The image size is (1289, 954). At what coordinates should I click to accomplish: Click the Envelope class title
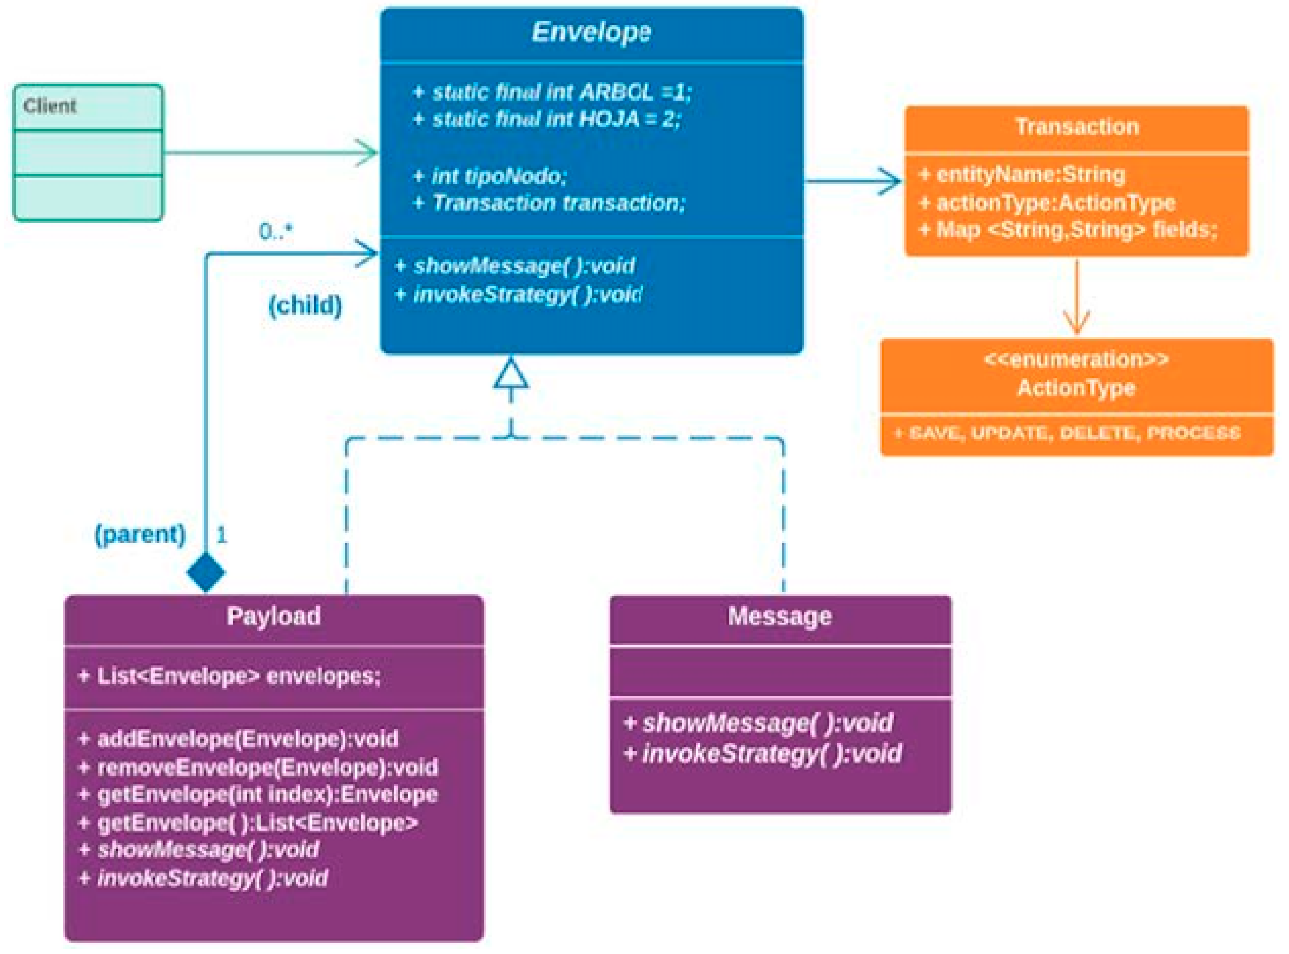(591, 32)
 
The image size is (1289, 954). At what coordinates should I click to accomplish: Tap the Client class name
(50, 106)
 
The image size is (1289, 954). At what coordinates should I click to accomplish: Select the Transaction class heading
(1077, 127)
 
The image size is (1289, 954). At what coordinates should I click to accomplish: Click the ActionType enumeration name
(1076, 388)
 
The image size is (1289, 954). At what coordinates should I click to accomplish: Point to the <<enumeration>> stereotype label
(1076, 360)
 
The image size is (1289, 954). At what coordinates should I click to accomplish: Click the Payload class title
(274, 616)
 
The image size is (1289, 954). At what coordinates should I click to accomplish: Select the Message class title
(780, 616)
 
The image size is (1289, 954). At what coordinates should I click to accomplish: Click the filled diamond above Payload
(206, 572)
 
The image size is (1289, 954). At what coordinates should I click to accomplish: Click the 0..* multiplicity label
(275, 231)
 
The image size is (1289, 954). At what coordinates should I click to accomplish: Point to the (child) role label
(305, 305)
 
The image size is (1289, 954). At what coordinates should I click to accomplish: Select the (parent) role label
(140, 534)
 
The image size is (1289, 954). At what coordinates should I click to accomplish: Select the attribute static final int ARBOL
(552, 92)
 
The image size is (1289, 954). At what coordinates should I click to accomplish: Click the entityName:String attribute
(1023, 175)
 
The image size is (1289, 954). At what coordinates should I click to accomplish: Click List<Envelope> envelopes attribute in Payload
(230, 676)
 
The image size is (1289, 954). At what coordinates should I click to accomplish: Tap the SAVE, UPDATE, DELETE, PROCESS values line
(1068, 433)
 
